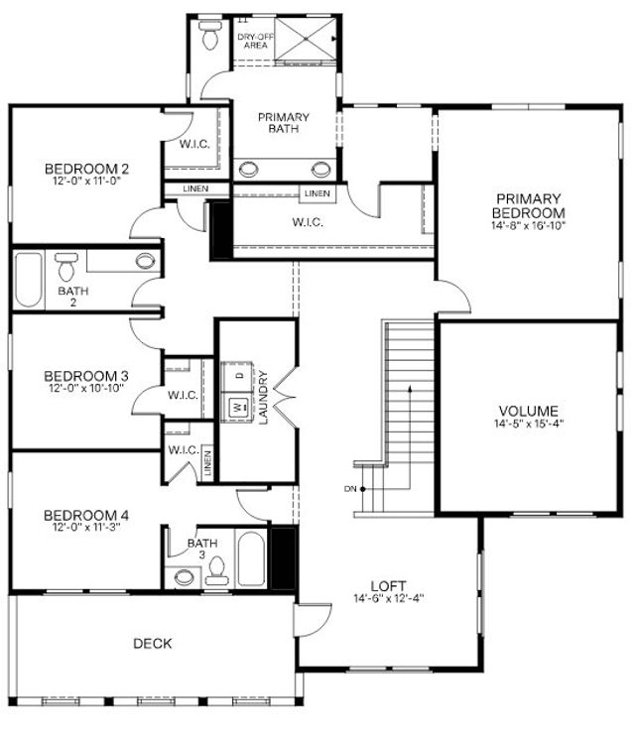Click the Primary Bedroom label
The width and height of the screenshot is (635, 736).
pos(529,205)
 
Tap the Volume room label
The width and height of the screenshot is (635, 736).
pos(528,411)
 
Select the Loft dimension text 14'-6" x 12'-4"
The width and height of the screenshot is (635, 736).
pos(390,599)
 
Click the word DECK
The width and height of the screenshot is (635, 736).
pos(153,644)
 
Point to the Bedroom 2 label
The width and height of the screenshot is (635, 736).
pos(85,168)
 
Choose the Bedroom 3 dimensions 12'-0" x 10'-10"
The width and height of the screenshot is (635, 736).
pos(85,389)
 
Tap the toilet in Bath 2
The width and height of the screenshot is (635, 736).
pos(66,267)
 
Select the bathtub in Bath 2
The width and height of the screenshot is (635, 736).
pos(28,280)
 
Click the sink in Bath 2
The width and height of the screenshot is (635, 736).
pos(146,262)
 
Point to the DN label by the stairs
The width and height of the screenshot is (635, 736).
pos(350,489)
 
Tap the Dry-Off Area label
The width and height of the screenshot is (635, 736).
pos(252,41)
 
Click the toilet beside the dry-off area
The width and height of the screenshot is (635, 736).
pos(209,36)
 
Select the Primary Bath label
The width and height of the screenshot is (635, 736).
pos(284,122)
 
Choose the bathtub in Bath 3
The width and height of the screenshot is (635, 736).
pos(251,560)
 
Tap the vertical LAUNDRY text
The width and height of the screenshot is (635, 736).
pos(264,398)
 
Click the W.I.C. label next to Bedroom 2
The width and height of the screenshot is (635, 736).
pos(193,143)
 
